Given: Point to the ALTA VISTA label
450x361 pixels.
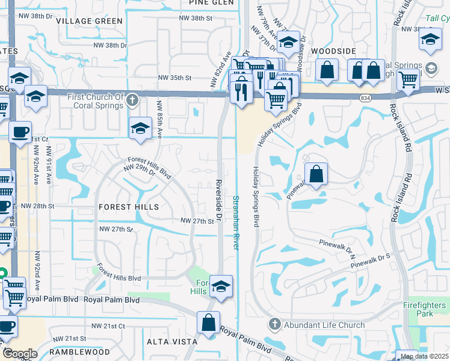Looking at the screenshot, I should [172, 341].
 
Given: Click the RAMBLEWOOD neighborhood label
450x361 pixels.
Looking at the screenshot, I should [79, 351].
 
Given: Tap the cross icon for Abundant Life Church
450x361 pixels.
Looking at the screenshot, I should [274, 325].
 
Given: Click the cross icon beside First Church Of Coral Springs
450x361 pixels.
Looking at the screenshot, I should [133, 100].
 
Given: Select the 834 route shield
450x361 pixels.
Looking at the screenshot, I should [366, 97].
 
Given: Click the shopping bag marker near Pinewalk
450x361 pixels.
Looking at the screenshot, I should [316, 175].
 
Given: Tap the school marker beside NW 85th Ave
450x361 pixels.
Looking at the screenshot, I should [140, 129].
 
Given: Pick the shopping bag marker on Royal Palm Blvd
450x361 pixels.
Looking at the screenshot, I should [208, 322].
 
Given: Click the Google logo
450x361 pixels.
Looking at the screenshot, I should [20, 354].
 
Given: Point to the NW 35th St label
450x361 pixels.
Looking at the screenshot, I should [174, 78].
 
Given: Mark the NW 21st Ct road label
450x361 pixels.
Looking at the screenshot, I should [108, 326].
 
